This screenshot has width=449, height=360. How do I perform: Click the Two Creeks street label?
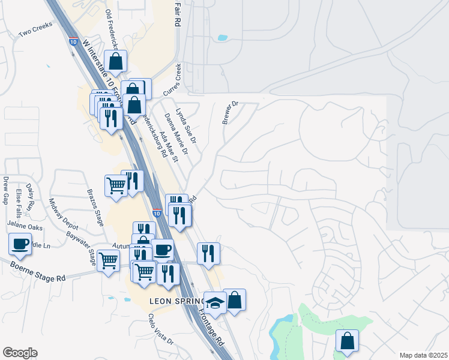click(35, 29)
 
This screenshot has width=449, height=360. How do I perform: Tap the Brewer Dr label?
click(230, 112)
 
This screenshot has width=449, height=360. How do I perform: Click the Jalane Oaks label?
click(25, 227)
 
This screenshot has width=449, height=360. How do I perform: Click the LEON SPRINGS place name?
click(176, 299)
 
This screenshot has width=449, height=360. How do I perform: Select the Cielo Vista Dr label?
click(160, 329)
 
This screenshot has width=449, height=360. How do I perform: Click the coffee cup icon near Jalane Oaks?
click(20, 244)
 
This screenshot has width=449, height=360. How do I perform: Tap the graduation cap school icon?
click(214, 302)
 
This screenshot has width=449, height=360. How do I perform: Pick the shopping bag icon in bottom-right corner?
click(347, 340)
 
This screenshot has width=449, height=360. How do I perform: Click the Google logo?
click(20, 353)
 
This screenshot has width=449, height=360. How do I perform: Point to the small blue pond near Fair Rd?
click(223, 38)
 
